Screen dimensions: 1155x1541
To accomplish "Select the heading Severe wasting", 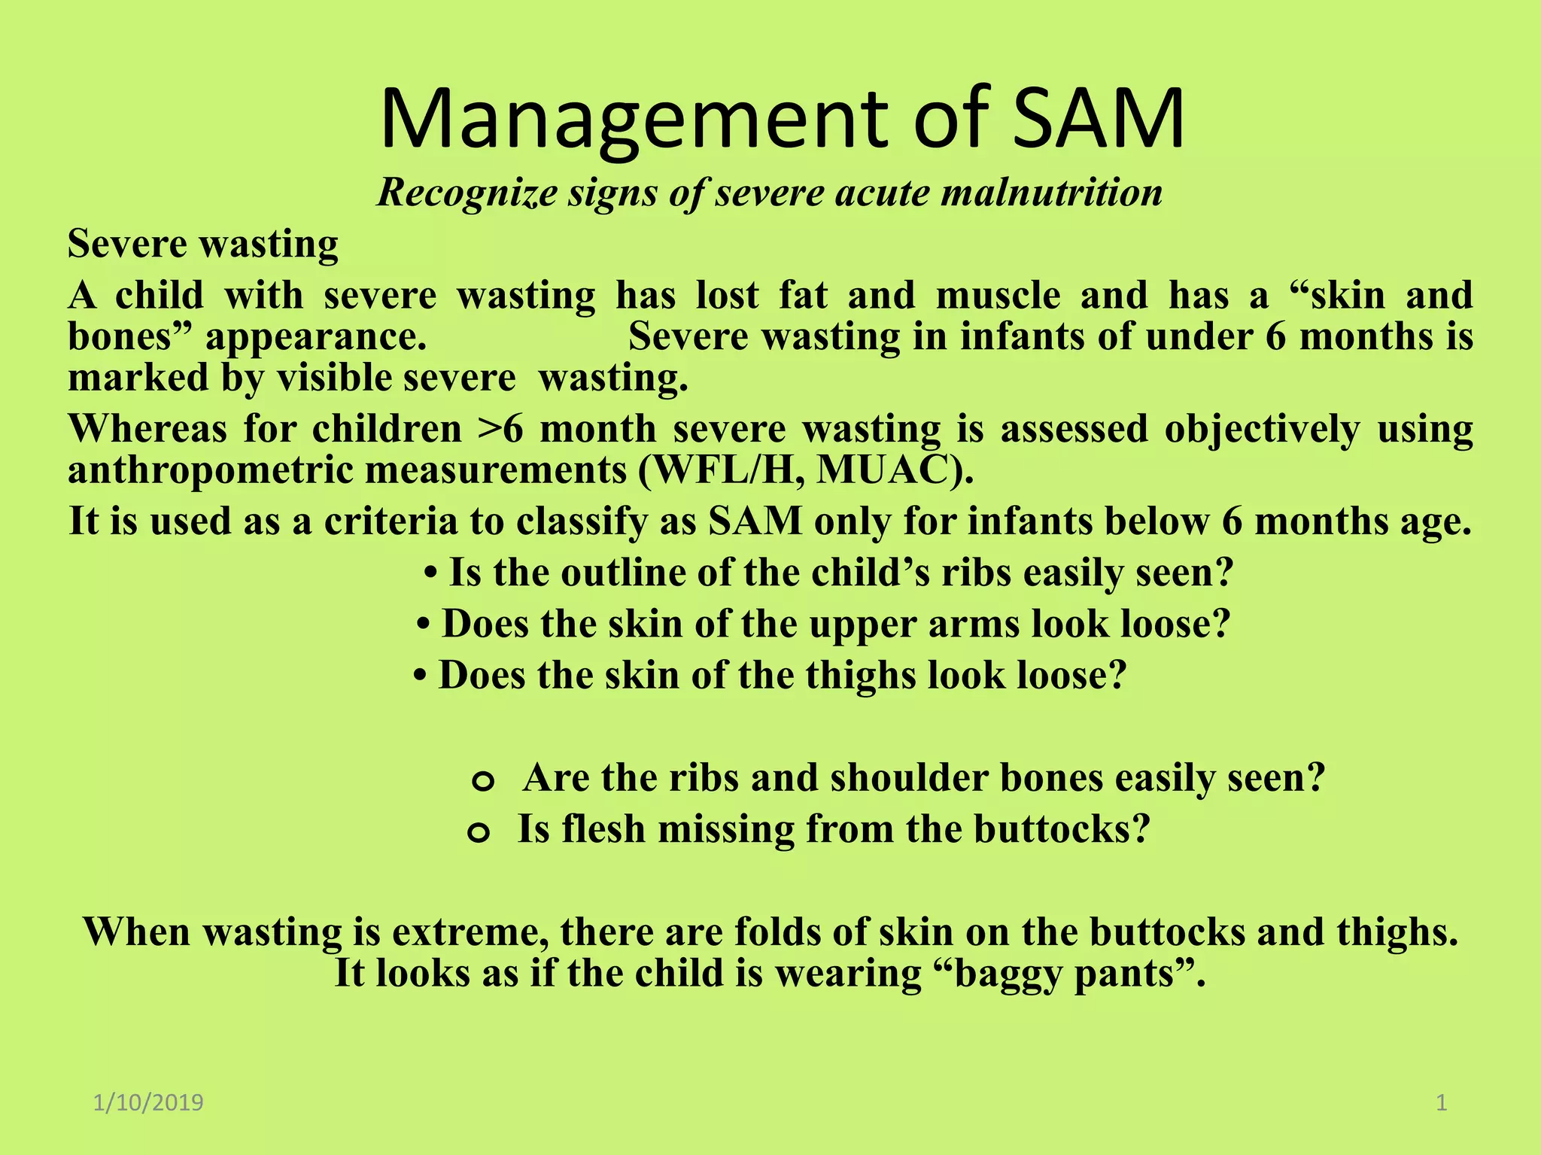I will [x=203, y=244].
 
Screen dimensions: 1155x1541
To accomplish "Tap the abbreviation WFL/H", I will [x=724, y=470].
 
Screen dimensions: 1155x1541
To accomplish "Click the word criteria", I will [x=391, y=521].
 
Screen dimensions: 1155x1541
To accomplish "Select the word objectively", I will [x=1262, y=429].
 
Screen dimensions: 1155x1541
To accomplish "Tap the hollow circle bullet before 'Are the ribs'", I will [x=482, y=781].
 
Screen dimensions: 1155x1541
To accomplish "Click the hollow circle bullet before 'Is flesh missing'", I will [x=479, y=832].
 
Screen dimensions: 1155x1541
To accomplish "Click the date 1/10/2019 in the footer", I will [x=148, y=1103].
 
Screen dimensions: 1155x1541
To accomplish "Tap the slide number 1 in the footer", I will [x=1441, y=1103].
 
